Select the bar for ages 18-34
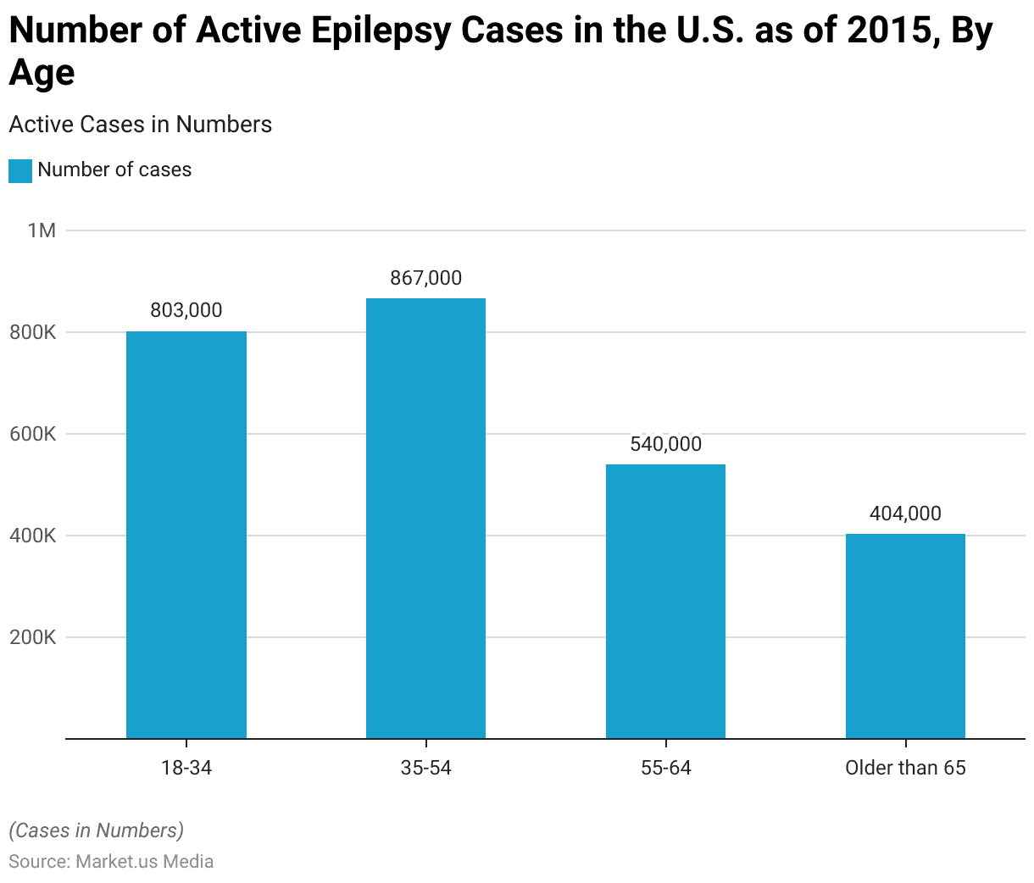pyautogui.click(x=186, y=535)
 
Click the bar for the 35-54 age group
pyautogui.click(x=425, y=518)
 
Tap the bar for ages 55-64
pyautogui.click(x=665, y=601)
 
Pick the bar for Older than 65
pyautogui.click(x=905, y=636)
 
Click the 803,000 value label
pyautogui.click(x=186, y=310)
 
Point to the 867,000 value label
pyautogui.click(x=425, y=278)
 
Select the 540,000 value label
pyautogui.click(x=665, y=444)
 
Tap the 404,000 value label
pyautogui.click(x=905, y=514)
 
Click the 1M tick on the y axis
pyautogui.click(x=42, y=230)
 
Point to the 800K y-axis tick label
pyautogui.click(x=34, y=332)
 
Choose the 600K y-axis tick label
pyautogui.click(x=34, y=434)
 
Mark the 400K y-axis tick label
pyautogui.click(x=34, y=536)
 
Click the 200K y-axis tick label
pyautogui.click(x=34, y=637)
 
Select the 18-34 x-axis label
pyautogui.click(x=186, y=768)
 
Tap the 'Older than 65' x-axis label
pyautogui.click(x=905, y=768)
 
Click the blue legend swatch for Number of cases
pyautogui.click(x=20, y=170)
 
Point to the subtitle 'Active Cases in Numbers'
pyautogui.click(x=141, y=125)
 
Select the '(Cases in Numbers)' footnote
pyautogui.click(x=97, y=830)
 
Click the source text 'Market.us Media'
pyautogui.click(x=144, y=862)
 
